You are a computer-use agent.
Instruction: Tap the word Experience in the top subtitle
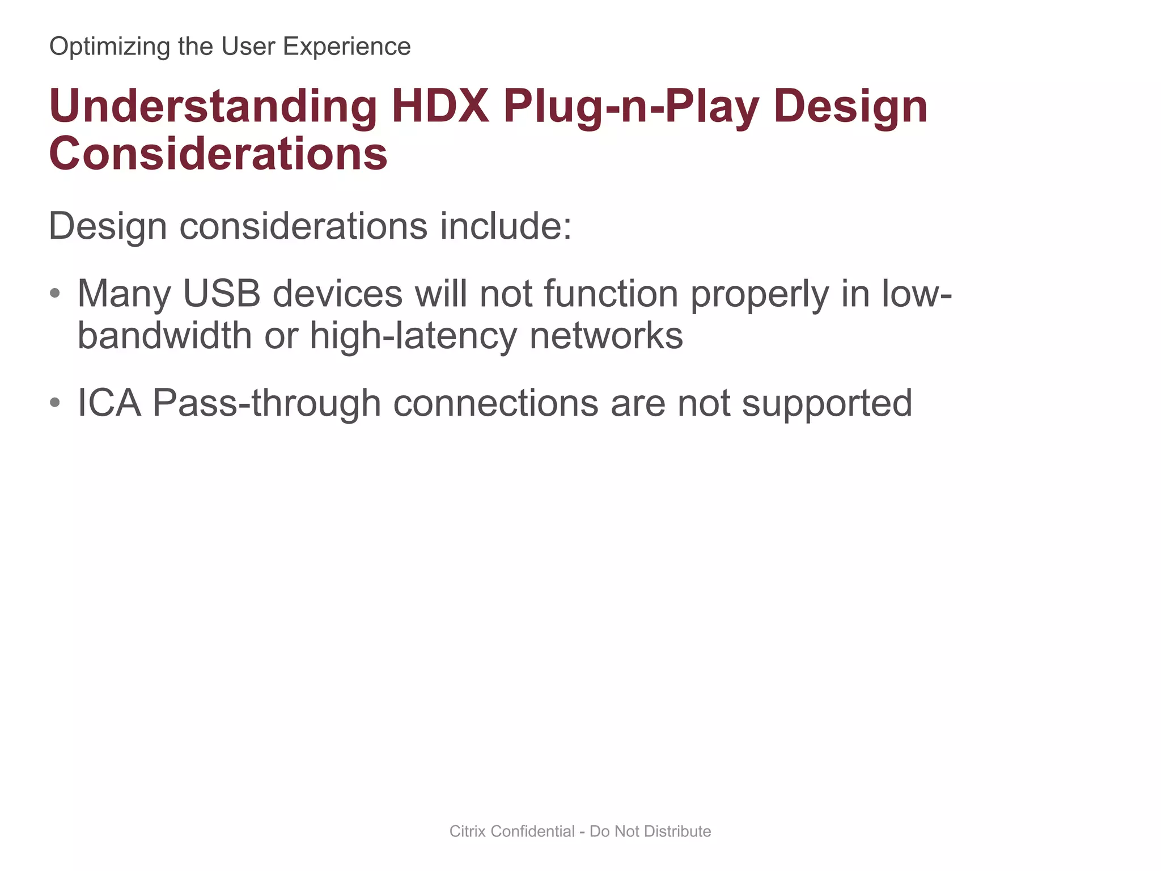click(346, 46)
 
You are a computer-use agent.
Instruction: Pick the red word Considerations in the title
click(218, 154)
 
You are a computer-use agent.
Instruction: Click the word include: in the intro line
click(506, 226)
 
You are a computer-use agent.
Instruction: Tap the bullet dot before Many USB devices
click(55, 294)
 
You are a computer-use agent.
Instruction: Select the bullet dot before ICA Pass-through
click(55, 403)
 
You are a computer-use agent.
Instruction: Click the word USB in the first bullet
click(222, 294)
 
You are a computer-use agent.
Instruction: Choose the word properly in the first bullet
click(759, 295)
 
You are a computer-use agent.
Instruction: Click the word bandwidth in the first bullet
click(164, 336)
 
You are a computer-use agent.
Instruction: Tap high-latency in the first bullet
click(413, 336)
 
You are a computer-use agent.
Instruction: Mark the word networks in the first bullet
click(606, 336)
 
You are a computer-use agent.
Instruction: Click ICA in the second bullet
click(109, 403)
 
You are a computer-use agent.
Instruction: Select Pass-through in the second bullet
click(266, 404)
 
